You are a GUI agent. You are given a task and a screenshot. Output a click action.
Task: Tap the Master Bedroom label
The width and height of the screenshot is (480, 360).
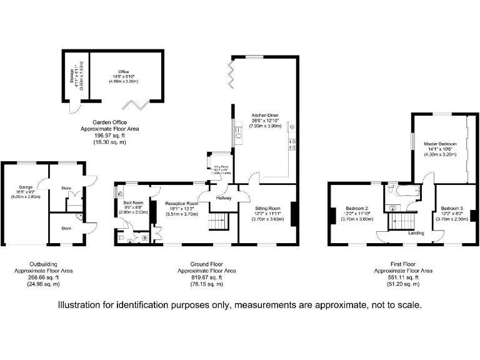440,144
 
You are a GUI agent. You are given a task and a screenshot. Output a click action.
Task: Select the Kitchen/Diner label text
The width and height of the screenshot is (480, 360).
266,116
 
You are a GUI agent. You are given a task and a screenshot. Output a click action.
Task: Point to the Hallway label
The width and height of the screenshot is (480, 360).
224,198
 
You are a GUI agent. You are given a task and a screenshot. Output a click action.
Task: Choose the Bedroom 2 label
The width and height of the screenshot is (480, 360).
357,207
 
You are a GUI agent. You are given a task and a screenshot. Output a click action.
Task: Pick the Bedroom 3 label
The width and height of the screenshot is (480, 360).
451,207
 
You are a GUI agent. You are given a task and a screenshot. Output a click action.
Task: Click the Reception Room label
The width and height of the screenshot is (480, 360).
181,204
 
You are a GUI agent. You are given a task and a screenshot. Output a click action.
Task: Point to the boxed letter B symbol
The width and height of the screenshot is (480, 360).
145,237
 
